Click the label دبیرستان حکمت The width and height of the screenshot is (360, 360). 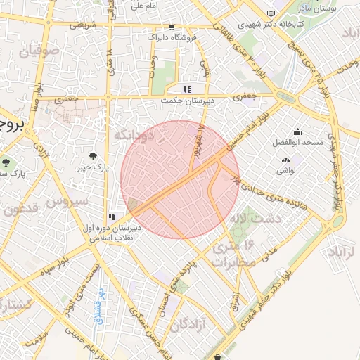[186, 101]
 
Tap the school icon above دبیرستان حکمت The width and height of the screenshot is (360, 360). [186, 89]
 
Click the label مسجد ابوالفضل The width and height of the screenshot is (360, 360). [298, 143]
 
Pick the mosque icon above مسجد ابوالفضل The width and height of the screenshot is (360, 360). [298, 131]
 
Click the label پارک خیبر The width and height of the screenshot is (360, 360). [91, 167]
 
